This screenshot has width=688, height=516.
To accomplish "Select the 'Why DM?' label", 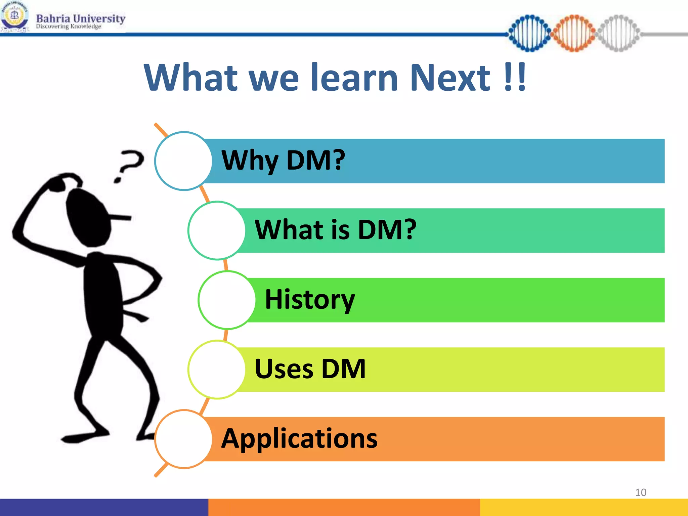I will pyautogui.click(x=283, y=161).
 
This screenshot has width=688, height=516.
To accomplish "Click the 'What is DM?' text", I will pyautogui.click(x=335, y=230).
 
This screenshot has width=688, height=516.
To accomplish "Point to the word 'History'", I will pyautogui.click(x=309, y=300).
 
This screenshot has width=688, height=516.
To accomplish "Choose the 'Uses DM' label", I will pyautogui.click(x=310, y=369).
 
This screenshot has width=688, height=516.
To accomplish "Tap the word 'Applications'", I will pyautogui.click(x=299, y=438).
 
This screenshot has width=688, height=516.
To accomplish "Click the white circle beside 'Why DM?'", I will pyautogui.click(x=183, y=161).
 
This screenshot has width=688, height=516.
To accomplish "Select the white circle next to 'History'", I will pyautogui.click(x=227, y=300).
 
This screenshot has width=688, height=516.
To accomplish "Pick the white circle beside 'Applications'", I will pyautogui.click(x=183, y=439).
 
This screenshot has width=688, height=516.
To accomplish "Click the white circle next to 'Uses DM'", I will pyautogui.click(x=217, y=369).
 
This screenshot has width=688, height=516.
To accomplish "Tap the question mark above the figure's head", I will pyautogui.click(x=129, y=165).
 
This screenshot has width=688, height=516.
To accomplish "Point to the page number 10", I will pyautogui.click(x=641, y=492).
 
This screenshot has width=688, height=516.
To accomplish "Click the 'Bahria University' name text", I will pyautogui.click(x=81, y=18).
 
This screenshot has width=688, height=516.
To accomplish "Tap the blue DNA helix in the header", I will pyautogui.click(x=529, y=33).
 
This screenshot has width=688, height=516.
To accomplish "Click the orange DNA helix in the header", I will pyautogui.click(x=574, y=33).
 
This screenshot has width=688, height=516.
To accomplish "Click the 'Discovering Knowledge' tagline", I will pyautogui.click(x=69, y=27).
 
